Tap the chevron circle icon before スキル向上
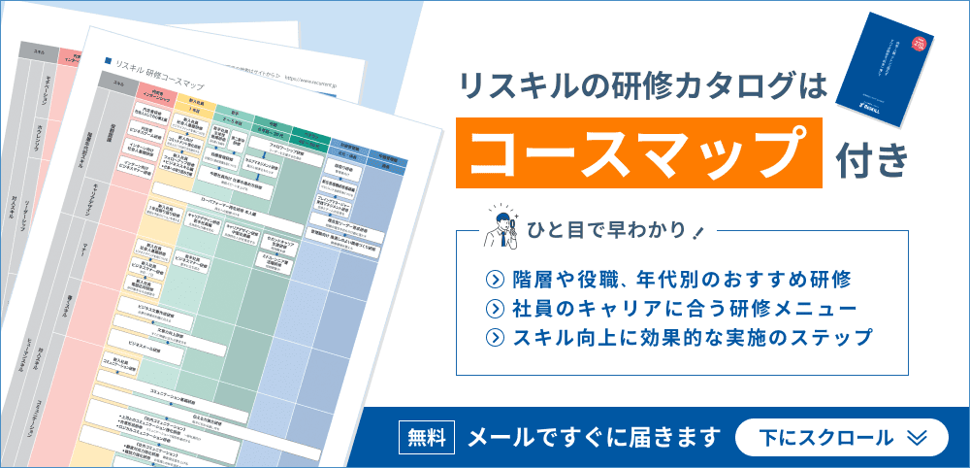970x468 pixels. [496, 339]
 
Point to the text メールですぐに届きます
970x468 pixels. [595, 437]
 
